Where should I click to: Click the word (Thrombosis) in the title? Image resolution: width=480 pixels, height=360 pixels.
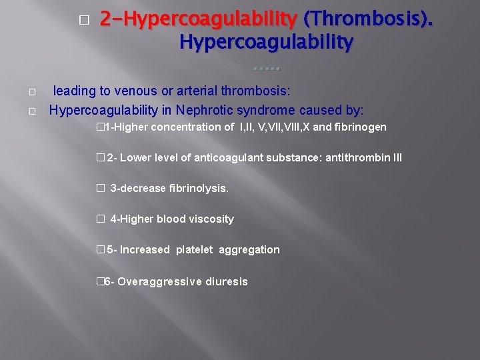pyautogui.click(x=368, y=20)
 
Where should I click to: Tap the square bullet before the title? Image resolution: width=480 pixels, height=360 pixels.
pyautogui.click(x=83, y=20)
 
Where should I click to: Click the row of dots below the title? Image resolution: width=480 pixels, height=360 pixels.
pyautogui.click(x=267, y=68)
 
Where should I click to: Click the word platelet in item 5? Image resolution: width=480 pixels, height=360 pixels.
pyautogui.click(x=195, y=249)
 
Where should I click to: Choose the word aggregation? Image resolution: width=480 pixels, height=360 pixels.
pyautogui.click(x=249, y=249)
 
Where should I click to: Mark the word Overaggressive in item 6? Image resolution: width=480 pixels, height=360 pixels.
pyautogui.click(x=154, y=281)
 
